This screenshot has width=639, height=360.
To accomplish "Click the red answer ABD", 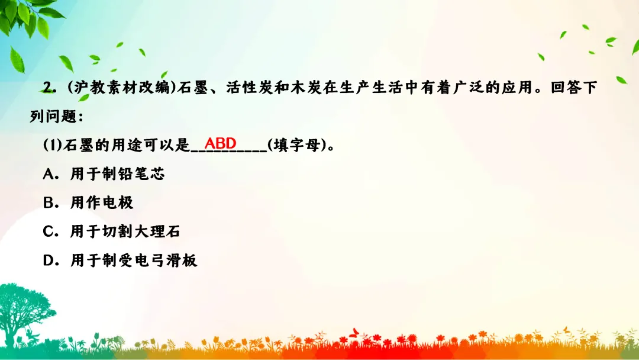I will (220, 143).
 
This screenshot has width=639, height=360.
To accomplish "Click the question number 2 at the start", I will (48, 87).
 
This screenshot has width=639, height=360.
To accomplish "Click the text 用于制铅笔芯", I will (117, 173).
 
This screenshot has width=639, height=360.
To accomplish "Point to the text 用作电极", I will (102, 202).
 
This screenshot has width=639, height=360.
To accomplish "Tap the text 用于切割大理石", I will (125, 232).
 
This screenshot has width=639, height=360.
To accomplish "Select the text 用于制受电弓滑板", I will (133, 261).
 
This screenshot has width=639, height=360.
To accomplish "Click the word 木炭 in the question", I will (306, 88).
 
